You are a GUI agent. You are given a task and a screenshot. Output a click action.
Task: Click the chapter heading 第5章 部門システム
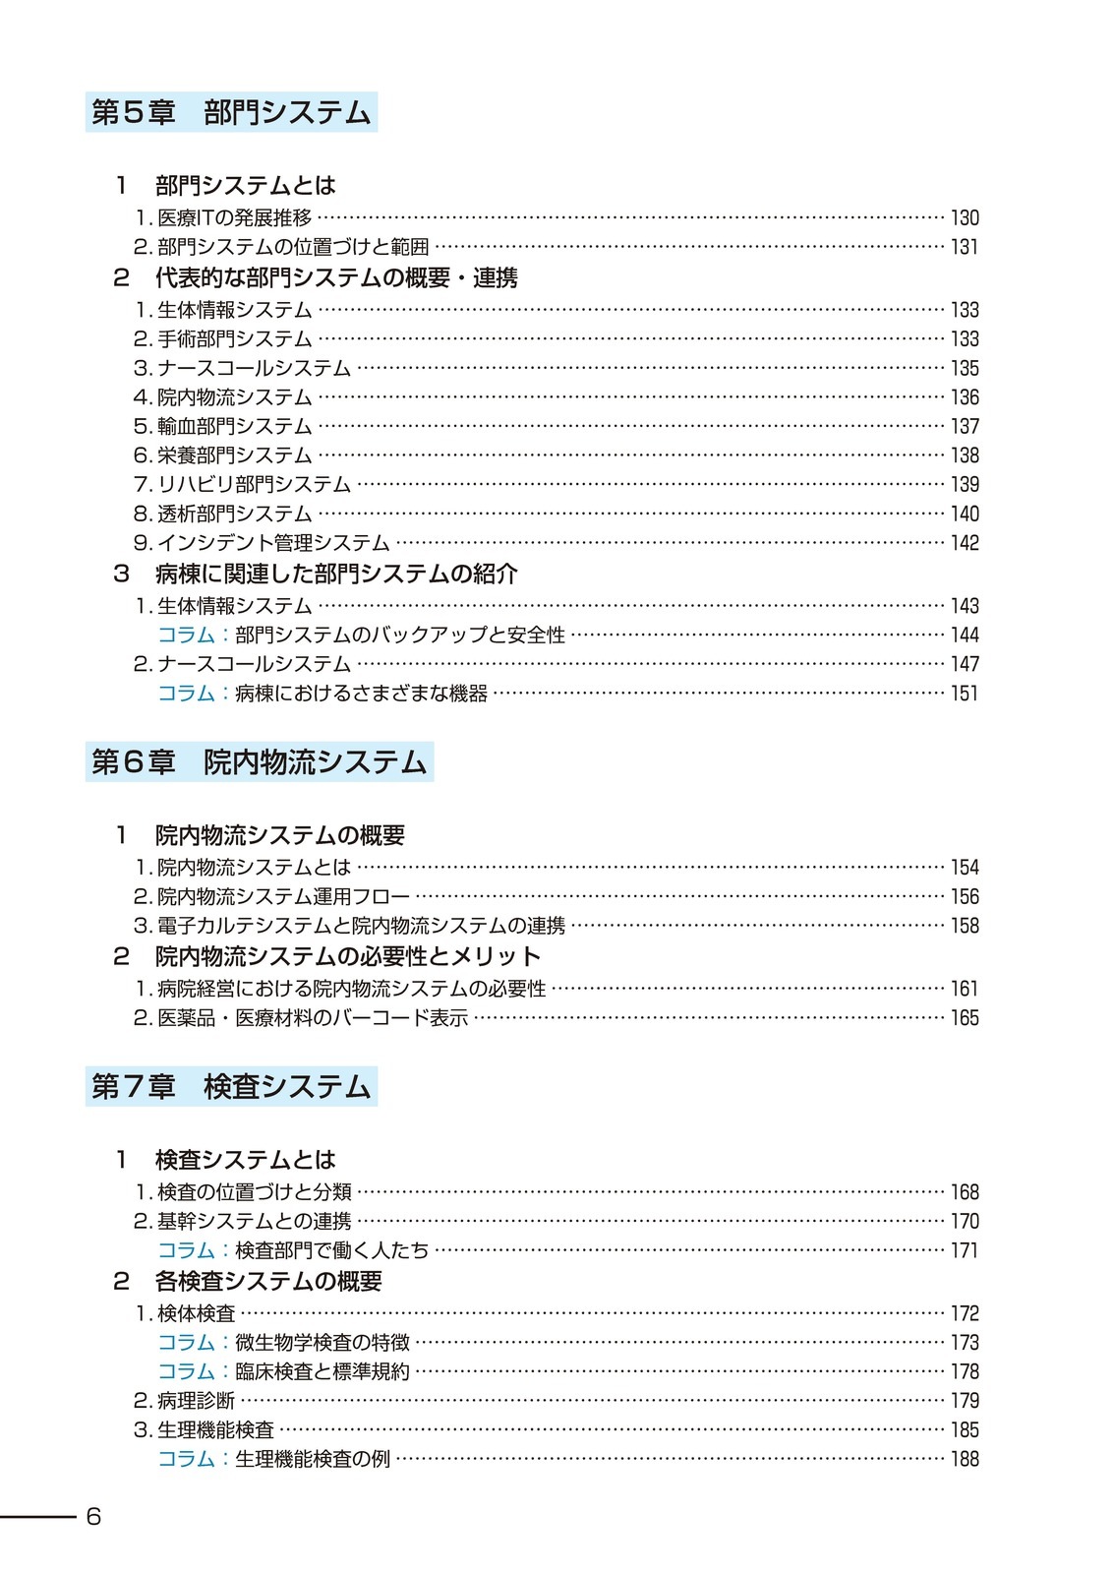coord(231,112)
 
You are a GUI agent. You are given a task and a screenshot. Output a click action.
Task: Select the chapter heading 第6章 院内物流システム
coord(259,762)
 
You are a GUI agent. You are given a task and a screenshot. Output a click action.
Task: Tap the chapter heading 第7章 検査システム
coord(231,1086)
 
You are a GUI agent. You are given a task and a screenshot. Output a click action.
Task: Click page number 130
coord(965,218)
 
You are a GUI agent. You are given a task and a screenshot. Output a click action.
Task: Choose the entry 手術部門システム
coord(234,339)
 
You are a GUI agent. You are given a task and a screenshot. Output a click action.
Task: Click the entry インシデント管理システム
coord(273,543)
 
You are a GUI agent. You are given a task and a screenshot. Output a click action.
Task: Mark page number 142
coord(965,543)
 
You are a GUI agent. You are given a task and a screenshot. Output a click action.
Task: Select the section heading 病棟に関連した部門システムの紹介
coord(335,574)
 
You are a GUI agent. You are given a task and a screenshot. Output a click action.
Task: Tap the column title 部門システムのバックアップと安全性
coord(400,636)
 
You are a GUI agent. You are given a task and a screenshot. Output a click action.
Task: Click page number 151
coord(965,694)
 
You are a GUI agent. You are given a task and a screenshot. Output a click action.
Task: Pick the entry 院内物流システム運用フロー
coord(283,897)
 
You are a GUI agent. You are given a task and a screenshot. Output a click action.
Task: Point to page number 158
coord(965,926)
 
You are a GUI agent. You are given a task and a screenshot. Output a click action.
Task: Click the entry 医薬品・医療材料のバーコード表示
coord(313,1018)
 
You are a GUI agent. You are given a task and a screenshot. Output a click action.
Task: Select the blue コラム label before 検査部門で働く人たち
coord(186,1250)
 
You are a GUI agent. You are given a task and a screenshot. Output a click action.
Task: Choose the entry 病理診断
coord(196,1401)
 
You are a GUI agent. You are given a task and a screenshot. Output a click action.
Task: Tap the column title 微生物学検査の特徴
coord(322,1343)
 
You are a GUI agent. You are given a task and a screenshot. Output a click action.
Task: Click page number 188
coord(965,1459)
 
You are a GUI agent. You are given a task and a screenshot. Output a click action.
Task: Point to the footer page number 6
coord(93,1516)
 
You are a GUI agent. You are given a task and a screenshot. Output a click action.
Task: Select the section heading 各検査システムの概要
coord(268,1281)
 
